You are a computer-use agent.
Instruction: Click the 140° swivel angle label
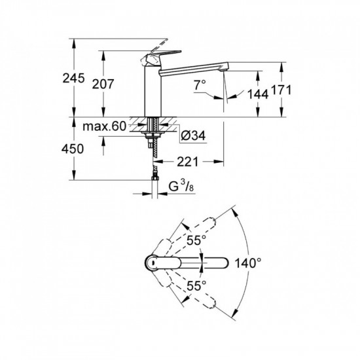pyautogui.click(x=248, y=262)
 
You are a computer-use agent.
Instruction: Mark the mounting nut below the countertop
pyautogui.click(x=154, y=136)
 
